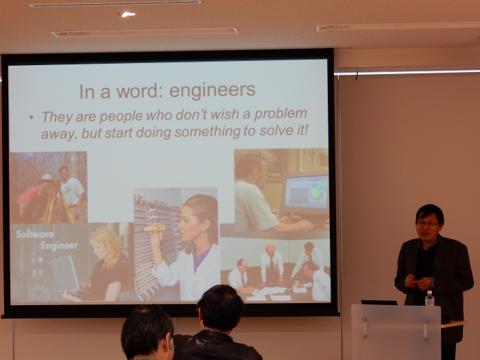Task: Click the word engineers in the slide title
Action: [212, 91]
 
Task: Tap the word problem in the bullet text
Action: [280, 114]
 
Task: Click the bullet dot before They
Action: [31, 117]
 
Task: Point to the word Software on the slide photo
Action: [35, 235]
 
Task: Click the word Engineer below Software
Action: [60, 245]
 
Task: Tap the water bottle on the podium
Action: [430, 298]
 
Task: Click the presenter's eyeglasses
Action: [427, 224]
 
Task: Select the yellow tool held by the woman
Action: [154, 228]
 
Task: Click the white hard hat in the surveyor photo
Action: [47, 178]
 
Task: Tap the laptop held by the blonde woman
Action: [65, 274]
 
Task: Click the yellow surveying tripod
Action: [57, 203]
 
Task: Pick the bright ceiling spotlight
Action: [128, 14]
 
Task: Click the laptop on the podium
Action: [379, 302]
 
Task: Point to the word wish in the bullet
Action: [226, 115]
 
